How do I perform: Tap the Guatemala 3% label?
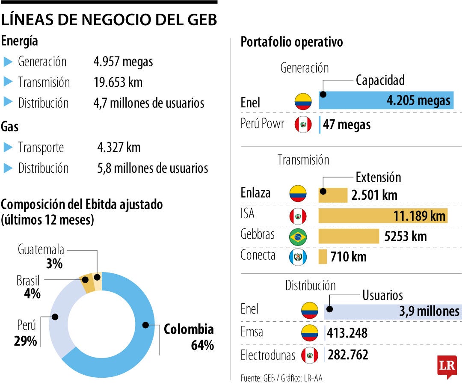click(41, 256)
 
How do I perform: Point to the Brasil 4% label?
click(28, 287)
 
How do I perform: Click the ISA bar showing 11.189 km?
click(382, 216)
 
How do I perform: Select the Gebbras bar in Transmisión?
click(349, 236)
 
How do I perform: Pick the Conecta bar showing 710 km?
click(323, 257)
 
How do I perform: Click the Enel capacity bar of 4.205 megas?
click(386, 101)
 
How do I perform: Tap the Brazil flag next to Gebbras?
click(298, 237)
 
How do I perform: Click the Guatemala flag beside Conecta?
click(298, 257)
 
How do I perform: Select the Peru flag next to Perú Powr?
click(303, 124)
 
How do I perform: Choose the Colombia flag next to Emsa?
click(309, 332)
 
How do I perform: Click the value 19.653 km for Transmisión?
click(118, 82)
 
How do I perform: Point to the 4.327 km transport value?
click(118, 148)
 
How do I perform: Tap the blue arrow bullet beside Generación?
click(8, 62)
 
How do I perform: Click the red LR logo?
click(447, 367)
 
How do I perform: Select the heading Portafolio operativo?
click(291, 42)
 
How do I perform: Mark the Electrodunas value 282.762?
click(348, 355)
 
